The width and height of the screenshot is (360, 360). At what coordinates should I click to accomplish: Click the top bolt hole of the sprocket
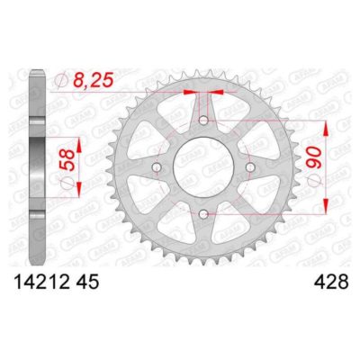click(204, 121)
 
